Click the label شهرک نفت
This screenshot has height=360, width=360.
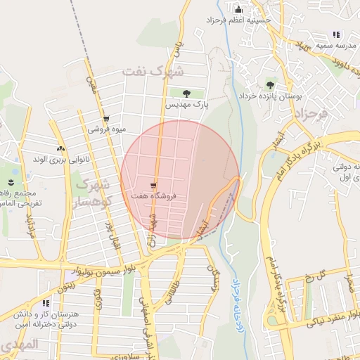[x=153, y=71]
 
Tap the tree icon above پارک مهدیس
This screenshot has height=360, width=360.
[x=187, y=93]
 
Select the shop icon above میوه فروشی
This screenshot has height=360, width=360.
[x=106, y=119]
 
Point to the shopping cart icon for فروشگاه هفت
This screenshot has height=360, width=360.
[x=153, y=180]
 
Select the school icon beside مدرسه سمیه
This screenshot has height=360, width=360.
[x=336, y=34]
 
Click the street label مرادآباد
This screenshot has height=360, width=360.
[x=30, y=225]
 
